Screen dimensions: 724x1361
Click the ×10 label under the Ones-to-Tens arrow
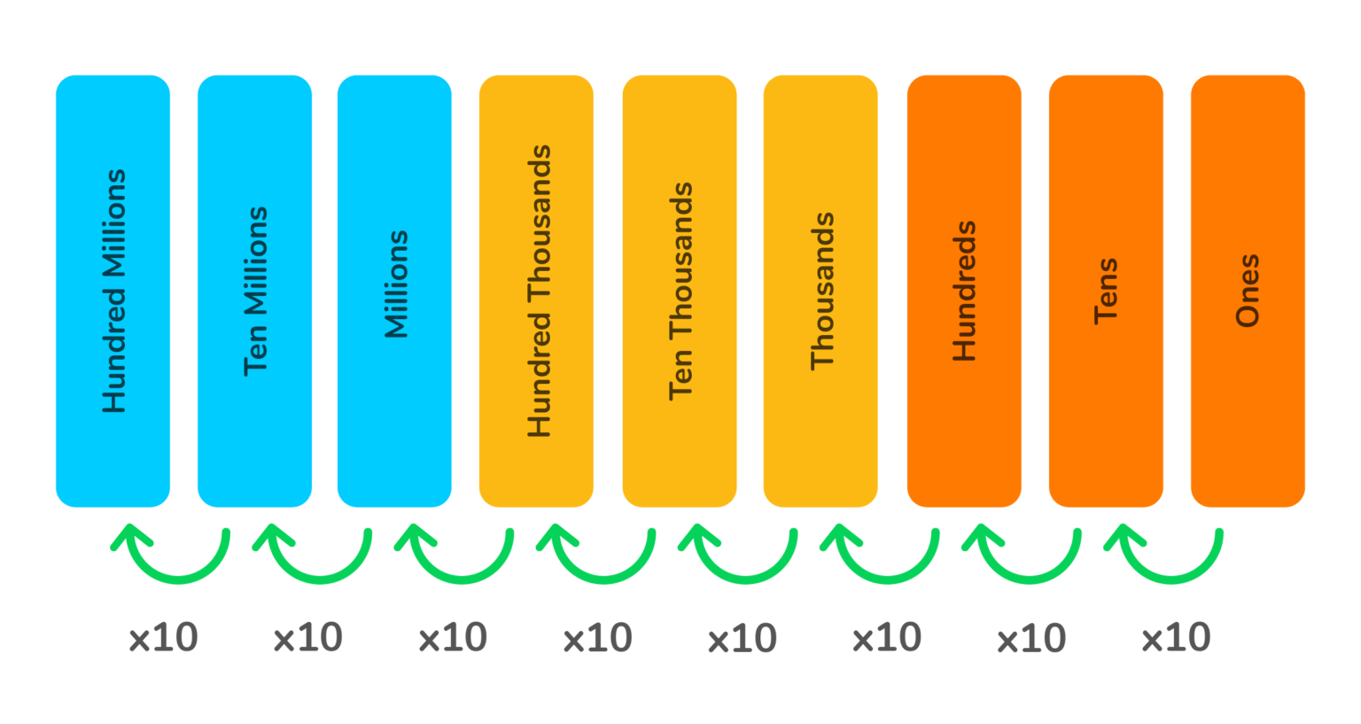click(1176, 638)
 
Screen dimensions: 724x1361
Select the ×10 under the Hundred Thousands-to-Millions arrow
click(453, 638)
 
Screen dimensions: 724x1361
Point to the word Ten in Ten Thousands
click(680, 376)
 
